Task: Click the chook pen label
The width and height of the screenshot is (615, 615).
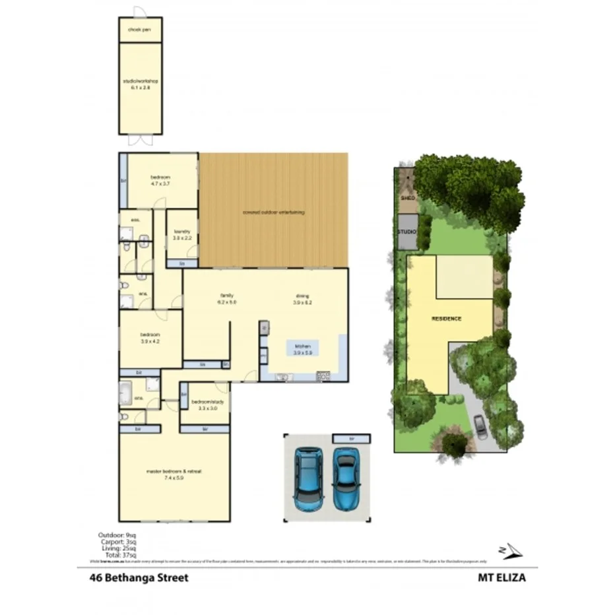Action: pyautogui.click(x=140, y=30)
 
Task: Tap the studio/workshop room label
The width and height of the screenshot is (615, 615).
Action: pyautogui.click(x=141, y=84)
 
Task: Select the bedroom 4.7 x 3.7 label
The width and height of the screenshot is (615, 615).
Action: pyautogui.click(x=160, y=180)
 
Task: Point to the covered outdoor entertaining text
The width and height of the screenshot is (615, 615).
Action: pyautogui.click(x=273, y=212)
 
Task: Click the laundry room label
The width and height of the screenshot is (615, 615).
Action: pyautogui.click(x=182, y=234)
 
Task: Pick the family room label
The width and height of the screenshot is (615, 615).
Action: pyautogui.click(x=226, y=298)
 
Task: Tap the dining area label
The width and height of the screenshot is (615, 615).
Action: pyautogui.click(x=302, y=298)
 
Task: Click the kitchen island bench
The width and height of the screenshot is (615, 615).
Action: pyautogui.click(x=302, y=348)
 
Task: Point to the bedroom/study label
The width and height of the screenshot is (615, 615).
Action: pyautogui.click(x=206, y=405)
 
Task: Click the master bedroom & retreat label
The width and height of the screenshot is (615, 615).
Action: pyautogui.click(x=174, y=474)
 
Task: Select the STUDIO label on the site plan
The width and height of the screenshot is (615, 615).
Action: pyautogui.click(x=406, y=232)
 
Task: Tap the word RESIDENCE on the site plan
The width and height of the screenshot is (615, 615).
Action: pyautogui.click(x=447, y=319)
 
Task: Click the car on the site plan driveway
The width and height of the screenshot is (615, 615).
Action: pyautogui.click(x=480, y=426)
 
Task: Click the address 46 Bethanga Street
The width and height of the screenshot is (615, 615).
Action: pyautogui.click(x=139, y=577)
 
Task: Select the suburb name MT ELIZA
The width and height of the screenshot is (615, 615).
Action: pyautogui.click(x=502, y=577)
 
